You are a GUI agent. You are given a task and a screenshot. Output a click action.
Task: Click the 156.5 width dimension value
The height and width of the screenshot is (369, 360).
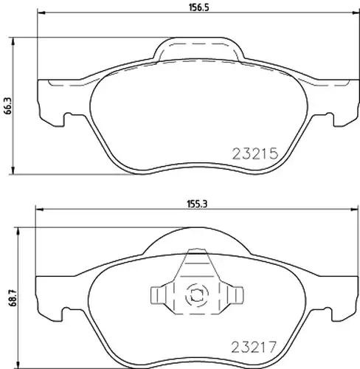coord(198,7)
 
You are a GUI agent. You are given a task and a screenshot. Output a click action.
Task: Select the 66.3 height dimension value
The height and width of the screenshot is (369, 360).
coord(8,106)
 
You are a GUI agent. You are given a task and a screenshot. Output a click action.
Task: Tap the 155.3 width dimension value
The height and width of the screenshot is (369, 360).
coord(197,204)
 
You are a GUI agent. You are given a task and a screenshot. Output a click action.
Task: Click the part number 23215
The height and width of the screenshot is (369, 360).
coord(255,154)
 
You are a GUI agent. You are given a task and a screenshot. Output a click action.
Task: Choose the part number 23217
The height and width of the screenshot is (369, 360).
coord(254,346)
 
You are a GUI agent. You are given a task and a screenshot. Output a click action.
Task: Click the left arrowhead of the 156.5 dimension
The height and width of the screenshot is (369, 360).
coord(41,13)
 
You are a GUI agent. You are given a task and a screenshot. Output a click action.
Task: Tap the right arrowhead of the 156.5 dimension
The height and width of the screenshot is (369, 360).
coord(356,13)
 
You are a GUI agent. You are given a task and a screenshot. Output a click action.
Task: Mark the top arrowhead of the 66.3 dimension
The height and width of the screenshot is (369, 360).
coord(13,41)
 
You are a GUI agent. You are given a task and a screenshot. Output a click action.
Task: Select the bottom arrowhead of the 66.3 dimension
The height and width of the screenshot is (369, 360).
coord(13,170)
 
